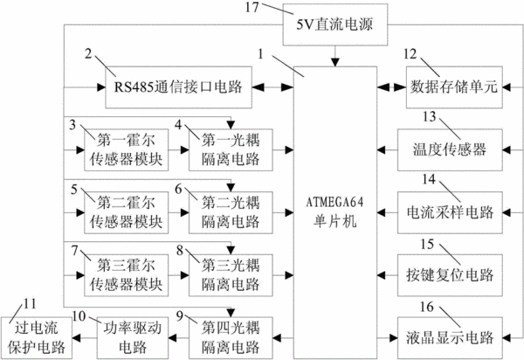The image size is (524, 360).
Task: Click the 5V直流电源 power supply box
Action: [335, 24]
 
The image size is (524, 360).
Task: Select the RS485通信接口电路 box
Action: [178, 87]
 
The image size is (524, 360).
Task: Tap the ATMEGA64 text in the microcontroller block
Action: [334, 202]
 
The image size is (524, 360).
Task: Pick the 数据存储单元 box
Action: [454, 87]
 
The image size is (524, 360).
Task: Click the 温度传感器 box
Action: [450, 149]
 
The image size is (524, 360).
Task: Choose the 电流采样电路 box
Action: [450, 212]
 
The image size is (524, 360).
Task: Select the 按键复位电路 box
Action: [450, 275]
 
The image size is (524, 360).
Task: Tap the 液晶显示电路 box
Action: [450, 338]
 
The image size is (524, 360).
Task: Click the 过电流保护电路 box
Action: [36, 338]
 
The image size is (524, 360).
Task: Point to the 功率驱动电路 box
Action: [133, 338]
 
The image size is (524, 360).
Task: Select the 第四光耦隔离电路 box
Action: [231, 338]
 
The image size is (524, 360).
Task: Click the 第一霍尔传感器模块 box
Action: [126, 149]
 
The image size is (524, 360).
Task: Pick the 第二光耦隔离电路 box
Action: [231, 212]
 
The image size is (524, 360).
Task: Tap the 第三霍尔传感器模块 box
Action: [126, 275]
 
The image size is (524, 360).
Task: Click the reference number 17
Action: [252, 7]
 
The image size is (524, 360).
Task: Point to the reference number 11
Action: [30, 303]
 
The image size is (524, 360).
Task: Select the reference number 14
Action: [429, 179]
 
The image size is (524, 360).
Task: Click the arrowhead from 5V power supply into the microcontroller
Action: [335, 62]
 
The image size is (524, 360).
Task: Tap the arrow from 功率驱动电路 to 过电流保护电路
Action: [85, 338]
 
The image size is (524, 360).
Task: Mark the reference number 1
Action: [261, 53]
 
